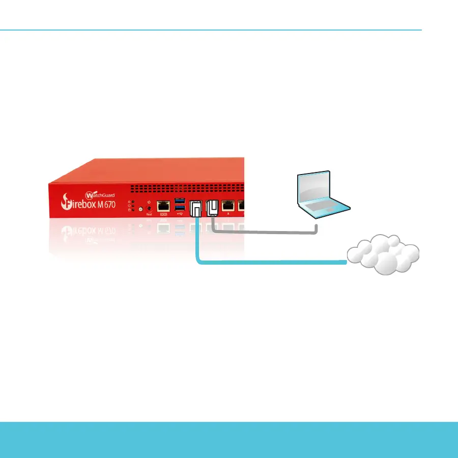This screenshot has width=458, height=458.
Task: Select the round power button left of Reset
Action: [140, 209]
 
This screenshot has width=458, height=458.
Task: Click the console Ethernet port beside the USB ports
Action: [164, 206]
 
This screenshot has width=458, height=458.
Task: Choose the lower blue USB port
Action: [179, 209]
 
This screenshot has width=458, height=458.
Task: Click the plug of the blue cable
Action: [196, 210]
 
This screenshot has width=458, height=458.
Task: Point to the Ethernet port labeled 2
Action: [228, 206]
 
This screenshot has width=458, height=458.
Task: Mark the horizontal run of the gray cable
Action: [265, 234]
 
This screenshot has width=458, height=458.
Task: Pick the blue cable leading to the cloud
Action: [270, 263]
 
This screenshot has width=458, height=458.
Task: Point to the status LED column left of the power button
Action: [133, 205]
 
